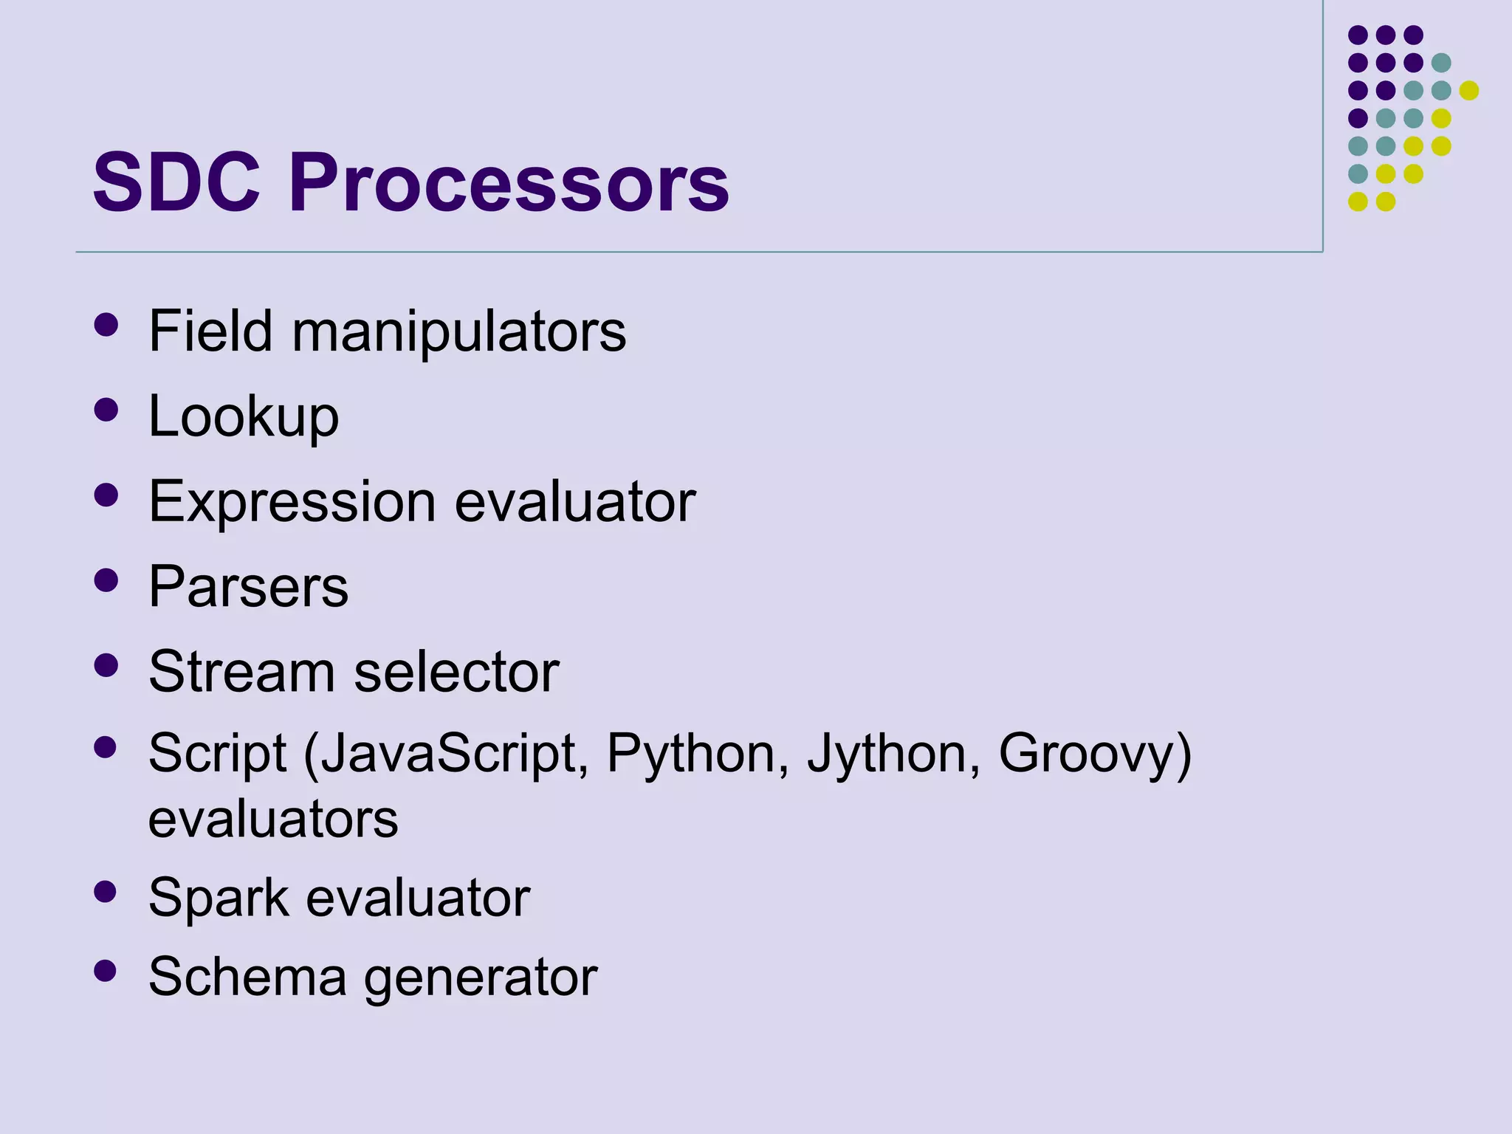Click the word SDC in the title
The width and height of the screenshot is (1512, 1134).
176,182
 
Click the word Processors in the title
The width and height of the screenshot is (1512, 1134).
509,182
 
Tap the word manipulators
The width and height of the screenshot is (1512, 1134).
458,331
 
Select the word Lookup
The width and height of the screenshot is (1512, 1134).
244,416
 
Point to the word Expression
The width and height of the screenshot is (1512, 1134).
292,502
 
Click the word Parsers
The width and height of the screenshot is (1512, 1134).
248,587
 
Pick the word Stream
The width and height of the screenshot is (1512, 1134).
241,672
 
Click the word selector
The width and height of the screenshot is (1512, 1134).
456,672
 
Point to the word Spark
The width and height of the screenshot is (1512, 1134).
219,898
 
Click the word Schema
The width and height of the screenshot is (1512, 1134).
247,977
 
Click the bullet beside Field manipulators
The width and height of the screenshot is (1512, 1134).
106,325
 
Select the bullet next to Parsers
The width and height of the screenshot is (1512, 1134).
106,580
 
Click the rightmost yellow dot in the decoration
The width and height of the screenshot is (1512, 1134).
1468,90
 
